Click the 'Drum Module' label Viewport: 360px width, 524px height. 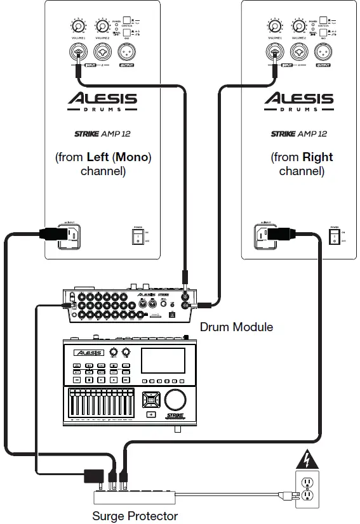[236, 327]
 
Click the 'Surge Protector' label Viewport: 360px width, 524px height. [135, 516]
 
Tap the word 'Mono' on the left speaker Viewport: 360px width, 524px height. [131, 157]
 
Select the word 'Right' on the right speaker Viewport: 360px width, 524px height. [317, 157]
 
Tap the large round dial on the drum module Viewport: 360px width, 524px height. [176, 398]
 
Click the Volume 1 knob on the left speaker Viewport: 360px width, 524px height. [78, 27]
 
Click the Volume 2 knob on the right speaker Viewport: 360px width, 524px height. [298, 27]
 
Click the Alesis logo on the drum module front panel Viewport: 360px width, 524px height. [88, 352]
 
